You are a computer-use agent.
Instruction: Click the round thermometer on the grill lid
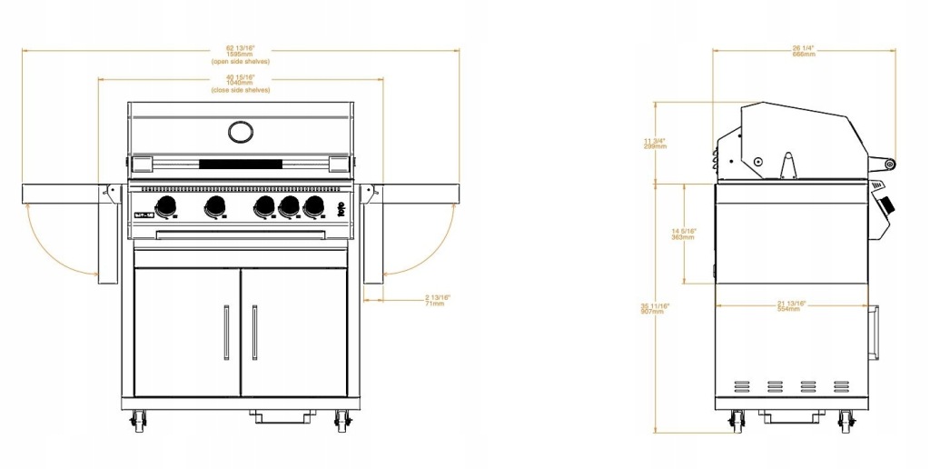pyautogui.click(x=241, y=132)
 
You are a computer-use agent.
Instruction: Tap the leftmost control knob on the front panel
pyautogui.click(x=166, y=205)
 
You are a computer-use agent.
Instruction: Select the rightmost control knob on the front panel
pyautogui.click(x=314, y=205)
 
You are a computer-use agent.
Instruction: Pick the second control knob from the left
pyautogui.click(x=215, y=205)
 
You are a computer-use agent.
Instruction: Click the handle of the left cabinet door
pyautogui.click(x=226, y=332)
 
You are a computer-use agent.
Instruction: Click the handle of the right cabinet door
pyautogui.click(x=254, y=332)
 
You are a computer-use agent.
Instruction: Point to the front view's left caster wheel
pyautogui.click(x=139, y=420)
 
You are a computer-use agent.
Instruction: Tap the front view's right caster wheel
pyautogui.click(x=342, y=420)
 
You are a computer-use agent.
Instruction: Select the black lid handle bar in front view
pyautogui.click(x=241, y=165)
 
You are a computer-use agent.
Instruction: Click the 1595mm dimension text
pyautogui.click(x=240, y=55)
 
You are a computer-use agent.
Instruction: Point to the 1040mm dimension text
pyautogui.click(x=240, y=83)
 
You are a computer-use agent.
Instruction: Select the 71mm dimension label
pyautogui.click(x=437, y=304)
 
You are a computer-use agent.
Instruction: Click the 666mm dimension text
pyautogui.click(x=804, y=55)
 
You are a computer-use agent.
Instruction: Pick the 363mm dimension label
pyautogui.click(x=684, y=236)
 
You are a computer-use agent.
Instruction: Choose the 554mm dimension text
pyautogui.click(x=788, y=309)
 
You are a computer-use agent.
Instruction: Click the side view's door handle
pyautogui.click(x=876, y=332)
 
